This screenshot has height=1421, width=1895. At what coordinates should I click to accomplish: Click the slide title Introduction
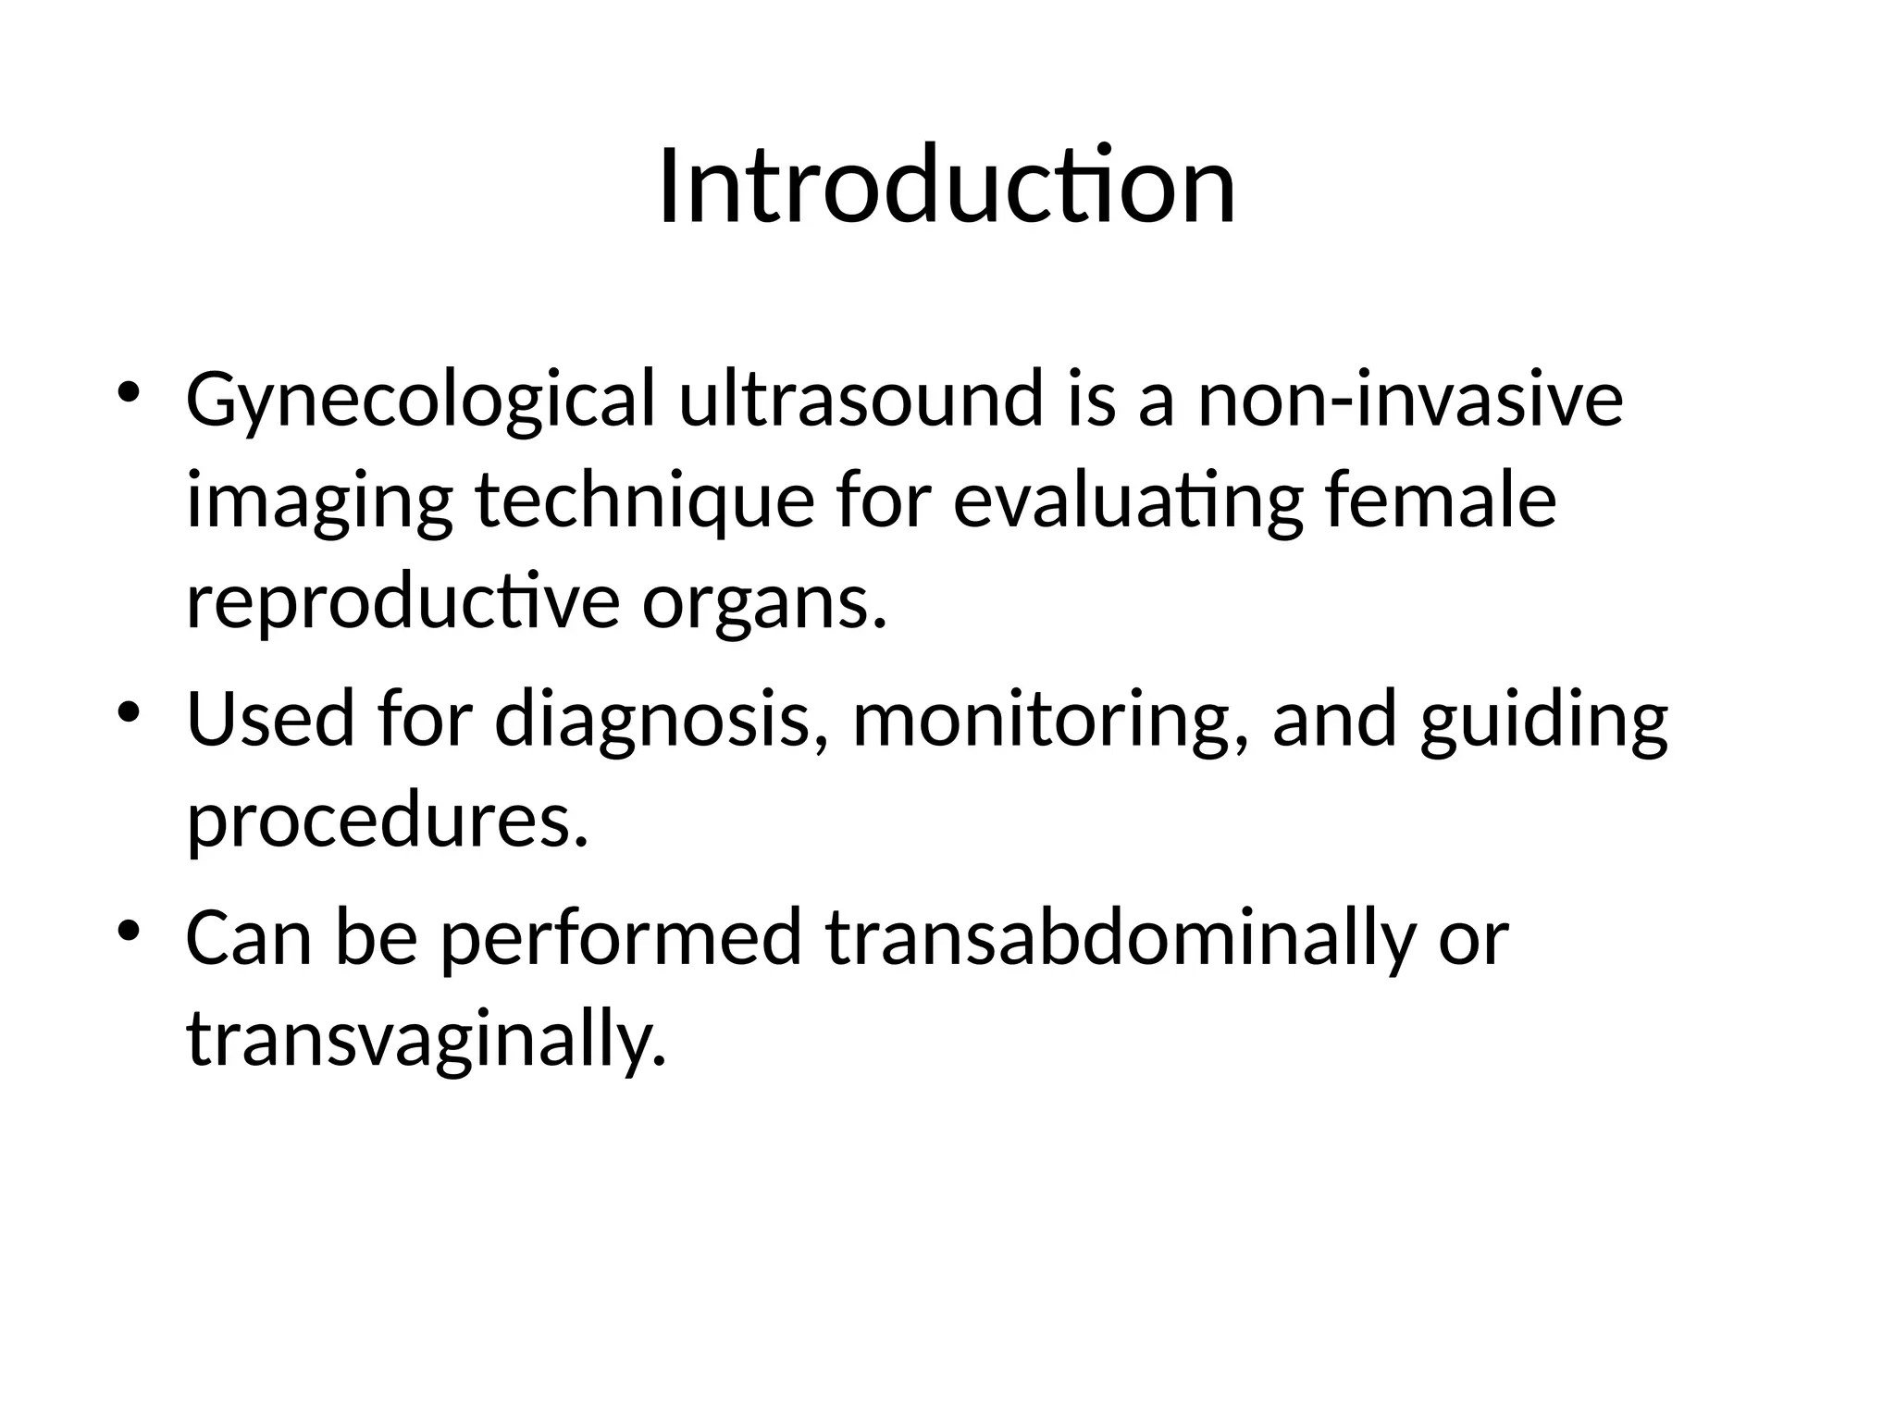pyautogui.click(x=947, y=187)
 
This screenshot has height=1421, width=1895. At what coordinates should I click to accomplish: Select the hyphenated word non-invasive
pyautogui.click(x=1410, y=400)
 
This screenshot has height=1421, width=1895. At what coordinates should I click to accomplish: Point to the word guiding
pyautogui.click(x=1544, y=721)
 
